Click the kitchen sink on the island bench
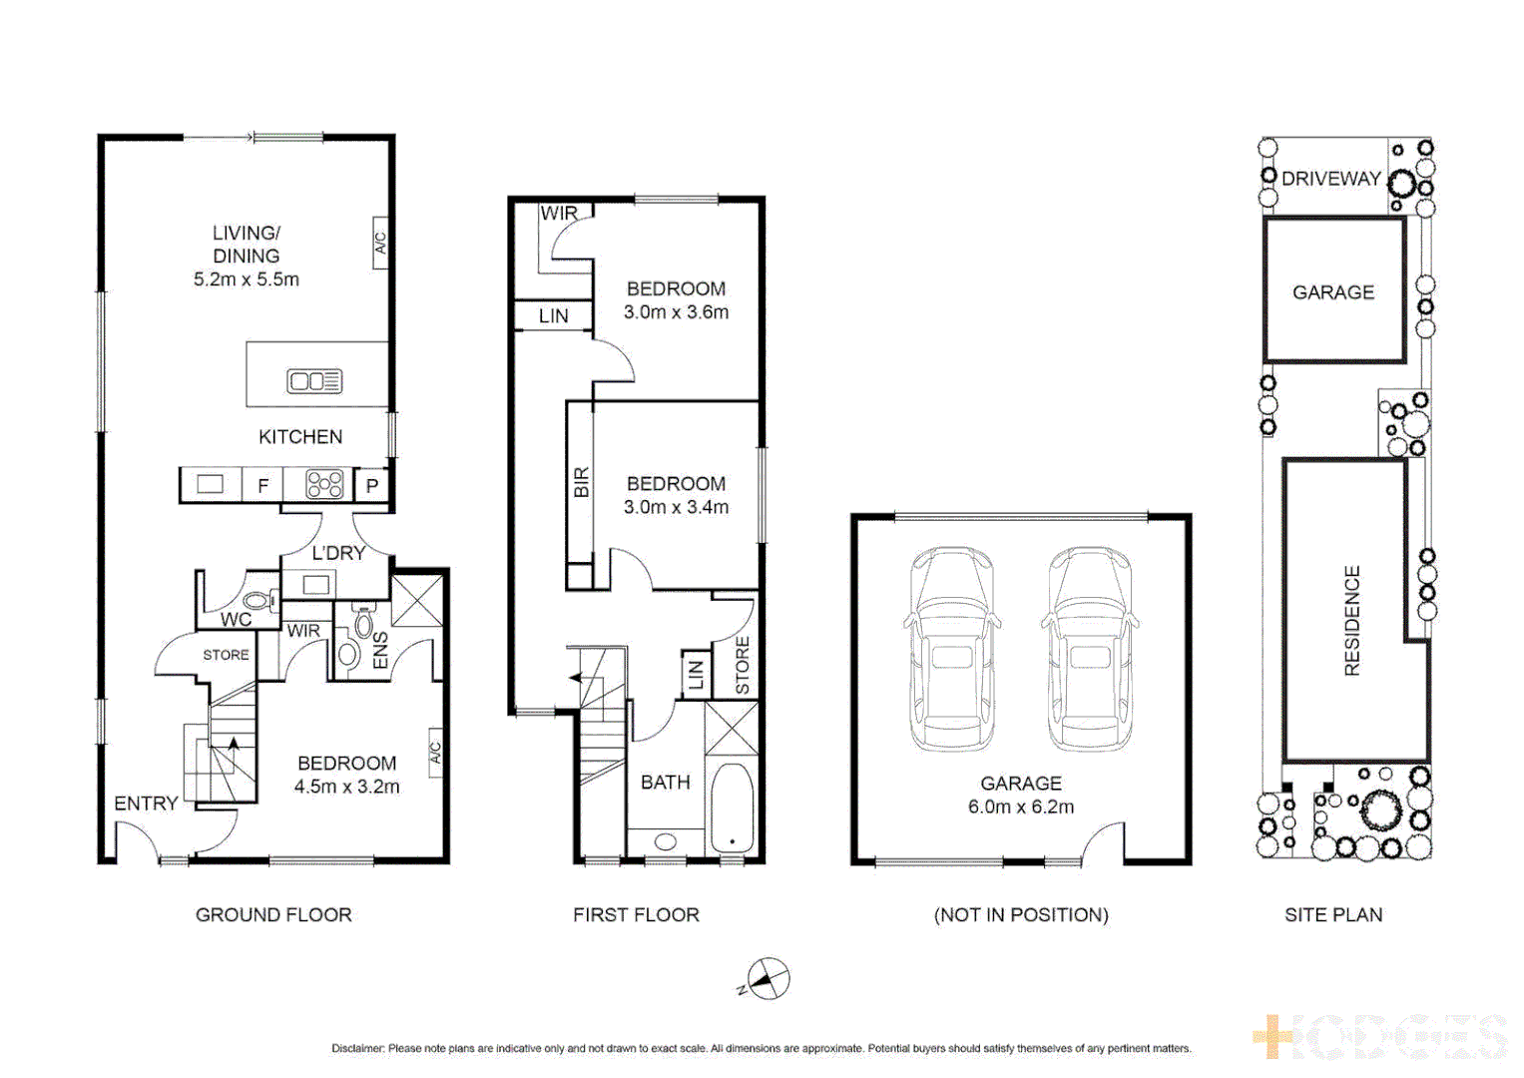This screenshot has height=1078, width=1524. click(314, 380)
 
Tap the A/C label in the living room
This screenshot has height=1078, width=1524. click(380, 243)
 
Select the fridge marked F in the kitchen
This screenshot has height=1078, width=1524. click(263, 486)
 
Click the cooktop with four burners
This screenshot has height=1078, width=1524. click(325, 485)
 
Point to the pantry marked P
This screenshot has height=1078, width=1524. click(372, 486)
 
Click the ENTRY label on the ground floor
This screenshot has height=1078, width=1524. click(146, 804)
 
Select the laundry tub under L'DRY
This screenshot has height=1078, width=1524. click(317, 585)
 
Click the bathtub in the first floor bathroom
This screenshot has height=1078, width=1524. click(732, 808)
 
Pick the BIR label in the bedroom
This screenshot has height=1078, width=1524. click(582, 483)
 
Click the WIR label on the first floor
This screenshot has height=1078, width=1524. click(559, 214)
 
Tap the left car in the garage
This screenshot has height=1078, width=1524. click(953, 649)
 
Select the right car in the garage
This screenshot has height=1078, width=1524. click(1090, 649)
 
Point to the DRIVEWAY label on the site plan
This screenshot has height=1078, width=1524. click(1331, 179)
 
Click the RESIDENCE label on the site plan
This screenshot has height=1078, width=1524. click(1352, 621)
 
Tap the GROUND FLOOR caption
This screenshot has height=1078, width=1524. click(273, 915)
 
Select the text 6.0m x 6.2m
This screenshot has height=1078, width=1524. click(1021, 808)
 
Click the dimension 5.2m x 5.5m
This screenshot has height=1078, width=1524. click(247, 279)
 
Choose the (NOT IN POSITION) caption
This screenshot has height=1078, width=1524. click(1021, 915)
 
